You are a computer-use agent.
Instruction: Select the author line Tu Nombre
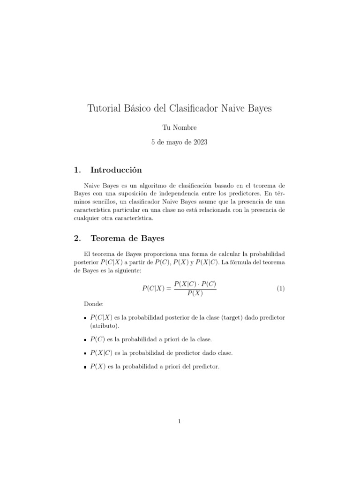pyautogui.click(x=180, y=127)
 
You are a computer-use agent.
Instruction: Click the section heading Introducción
pyautogui.click(x=116, y=169)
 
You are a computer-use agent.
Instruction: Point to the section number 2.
pyautogui.click(x=77, y=238)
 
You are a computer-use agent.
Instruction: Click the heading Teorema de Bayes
pyautogui.click(x=127, y=238)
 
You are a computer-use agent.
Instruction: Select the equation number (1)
pyautogui.click(x=280, y=289)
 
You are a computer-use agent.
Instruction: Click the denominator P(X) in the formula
pyautogui.click(x=195, y=294)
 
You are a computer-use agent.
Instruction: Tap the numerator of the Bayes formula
pyautogui.click(x=195, y=284)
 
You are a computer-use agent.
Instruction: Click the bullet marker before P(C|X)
pyautogui.click(x=84, y=318)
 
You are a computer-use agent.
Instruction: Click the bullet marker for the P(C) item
pyautogui.click(x=84, y=339)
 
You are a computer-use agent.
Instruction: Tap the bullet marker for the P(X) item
pyautogui.click(x=84, y=367)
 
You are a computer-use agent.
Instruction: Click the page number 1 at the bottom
pyautogui.click(x=180, y=421)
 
